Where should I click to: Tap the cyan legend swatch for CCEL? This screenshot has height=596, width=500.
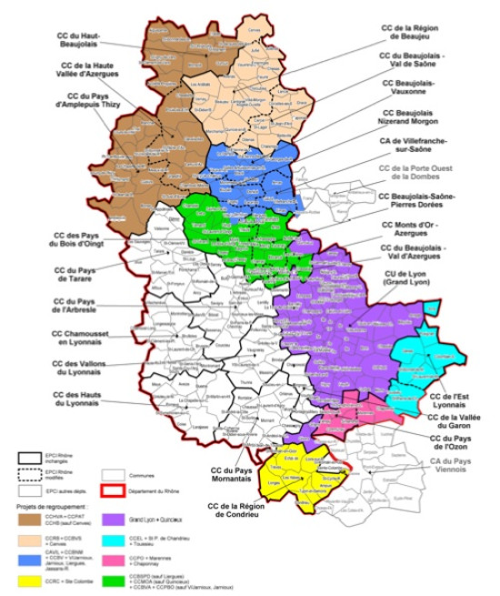(x=114, y=538)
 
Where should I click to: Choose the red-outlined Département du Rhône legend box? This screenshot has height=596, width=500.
(x=114, y=488)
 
